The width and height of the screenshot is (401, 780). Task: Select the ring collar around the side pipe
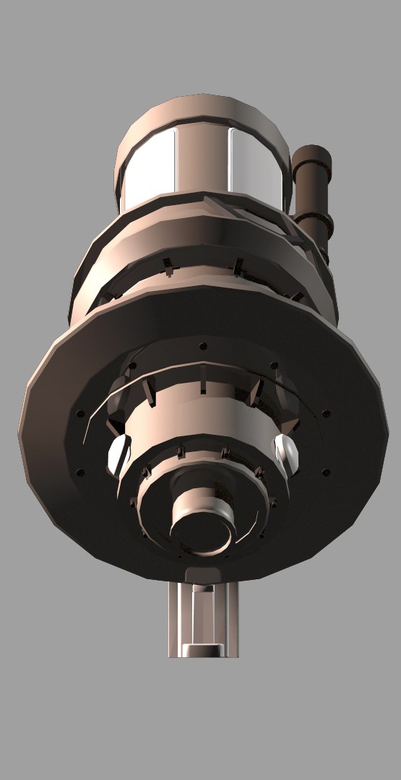(x=316, y=217)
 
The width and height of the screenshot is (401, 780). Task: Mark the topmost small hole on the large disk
(x=203, y=346)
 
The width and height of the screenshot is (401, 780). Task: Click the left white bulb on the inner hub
(x=118, y=455)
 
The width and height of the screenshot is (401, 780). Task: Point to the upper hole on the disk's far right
(x=326, y=414)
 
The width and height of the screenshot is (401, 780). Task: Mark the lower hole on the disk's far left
(x=80, y=472)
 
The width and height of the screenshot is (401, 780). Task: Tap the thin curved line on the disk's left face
(x=87, y=426)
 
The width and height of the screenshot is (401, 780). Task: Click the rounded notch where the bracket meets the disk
(x=202, y=575)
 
